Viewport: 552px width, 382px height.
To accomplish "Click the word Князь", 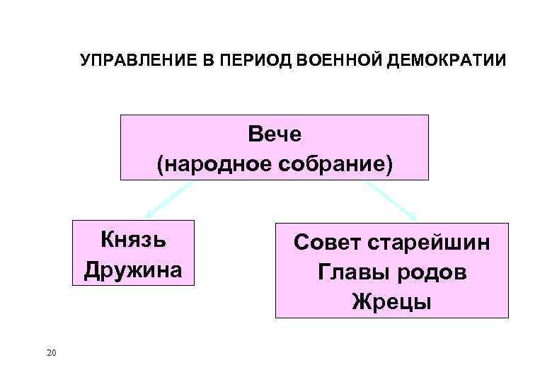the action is tap(133, 239).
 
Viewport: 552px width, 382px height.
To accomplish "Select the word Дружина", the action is tap(133, 270).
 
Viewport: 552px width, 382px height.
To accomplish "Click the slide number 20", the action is tap(50, 352).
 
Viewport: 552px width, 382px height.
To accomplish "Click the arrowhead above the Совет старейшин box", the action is tap(413, 216).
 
